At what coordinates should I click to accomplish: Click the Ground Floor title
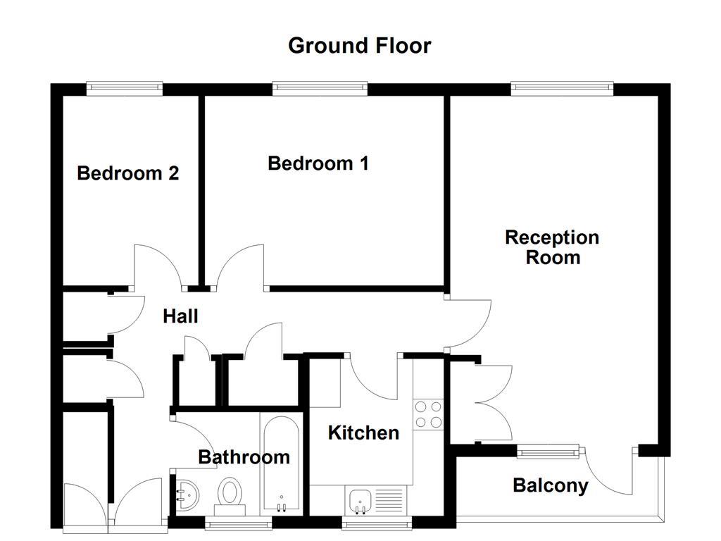(359, 46)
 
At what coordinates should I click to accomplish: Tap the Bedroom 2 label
(127, 173)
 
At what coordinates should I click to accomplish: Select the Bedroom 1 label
(318, 163)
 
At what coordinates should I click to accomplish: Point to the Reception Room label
(552, 247)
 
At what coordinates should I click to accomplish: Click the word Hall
(180, 316)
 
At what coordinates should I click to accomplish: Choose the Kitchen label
(363, 433)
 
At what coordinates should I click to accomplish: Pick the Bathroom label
(244, 457)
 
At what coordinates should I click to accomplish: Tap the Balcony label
(550, 485)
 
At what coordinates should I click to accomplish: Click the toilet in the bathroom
(230, 492)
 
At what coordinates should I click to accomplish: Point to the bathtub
(282, 465)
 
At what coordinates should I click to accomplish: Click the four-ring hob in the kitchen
(428, 414)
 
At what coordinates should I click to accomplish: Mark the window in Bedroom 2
(125, 88)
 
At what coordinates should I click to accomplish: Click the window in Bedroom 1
(320, 88)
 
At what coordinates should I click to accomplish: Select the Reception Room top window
(561, 88)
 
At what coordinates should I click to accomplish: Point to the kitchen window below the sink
(377, 523)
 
